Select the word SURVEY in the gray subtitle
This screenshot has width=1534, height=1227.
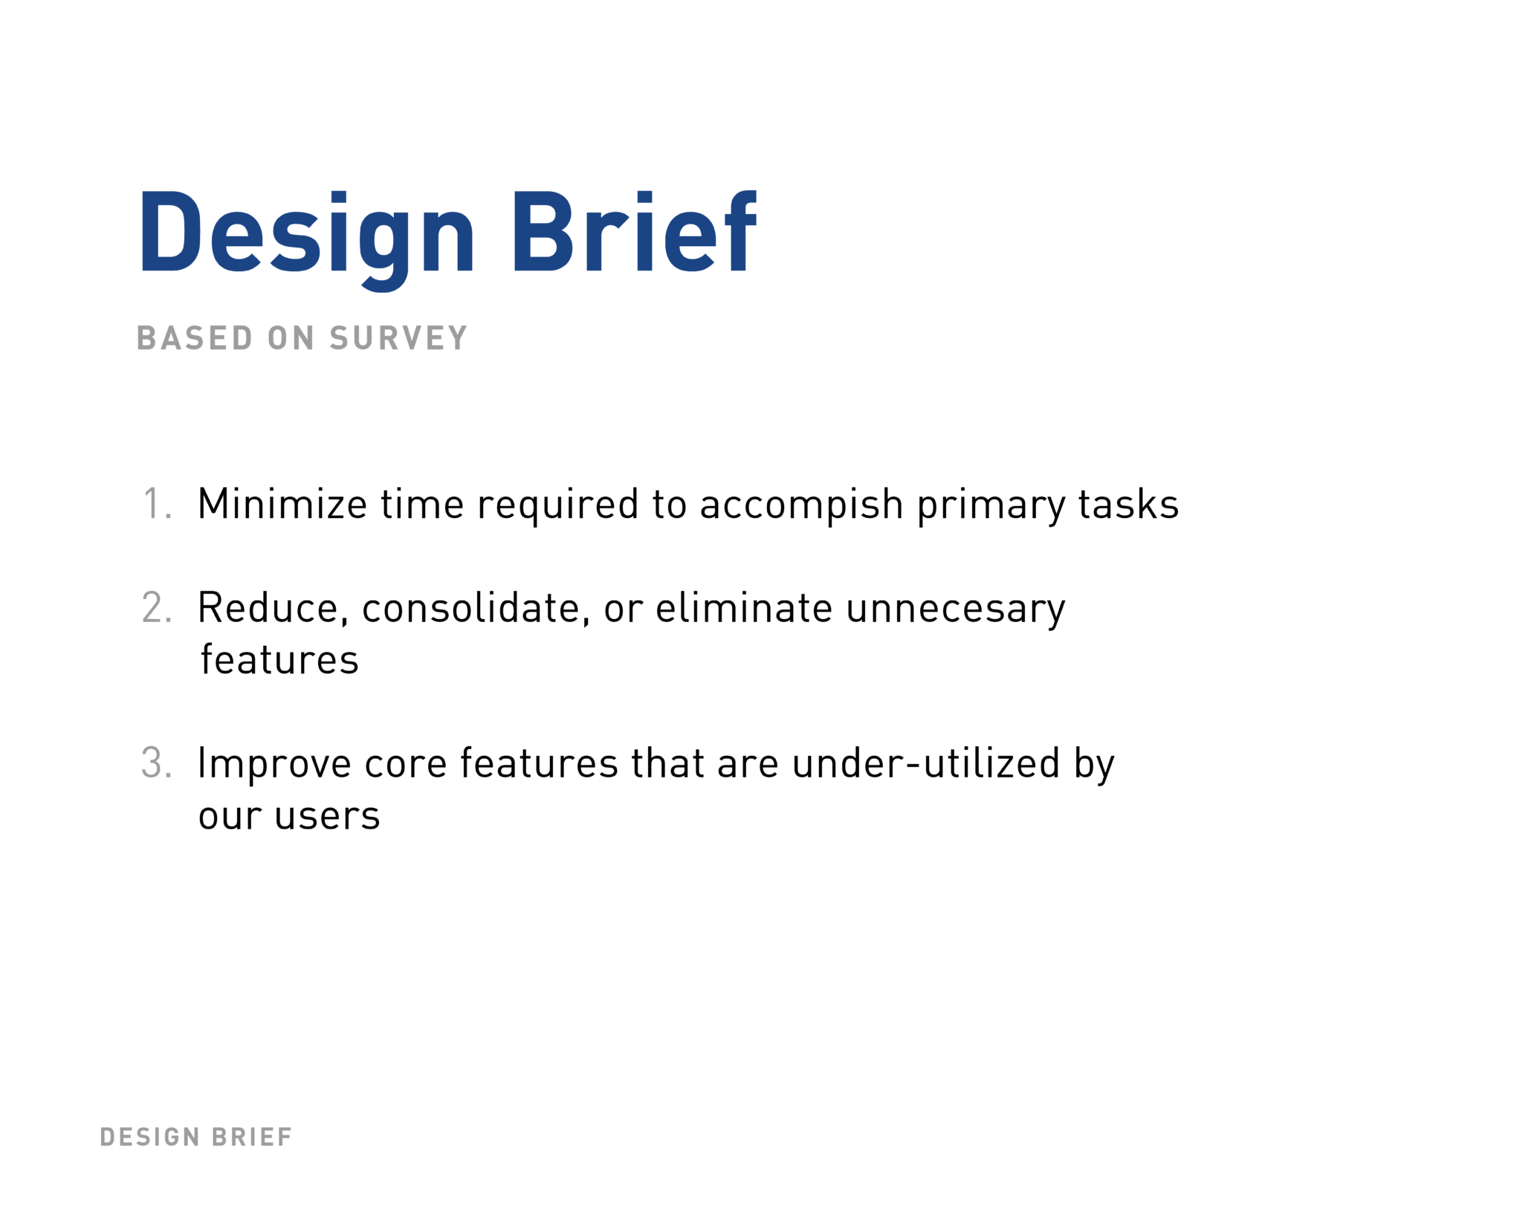[398, 339]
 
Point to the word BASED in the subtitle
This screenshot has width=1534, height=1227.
[195, 339]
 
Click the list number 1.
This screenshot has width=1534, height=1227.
[156, 504]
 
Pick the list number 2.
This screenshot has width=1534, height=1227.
[157, 608]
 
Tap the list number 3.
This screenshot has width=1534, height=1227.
[157, 763]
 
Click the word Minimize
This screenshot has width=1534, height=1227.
[282, 504]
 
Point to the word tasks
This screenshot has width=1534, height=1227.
[1128, 504]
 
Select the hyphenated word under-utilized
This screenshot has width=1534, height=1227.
[926, 763]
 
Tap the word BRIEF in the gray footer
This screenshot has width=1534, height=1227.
[252, 1137]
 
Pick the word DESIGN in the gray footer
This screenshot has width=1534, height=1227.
[150, 1137]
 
